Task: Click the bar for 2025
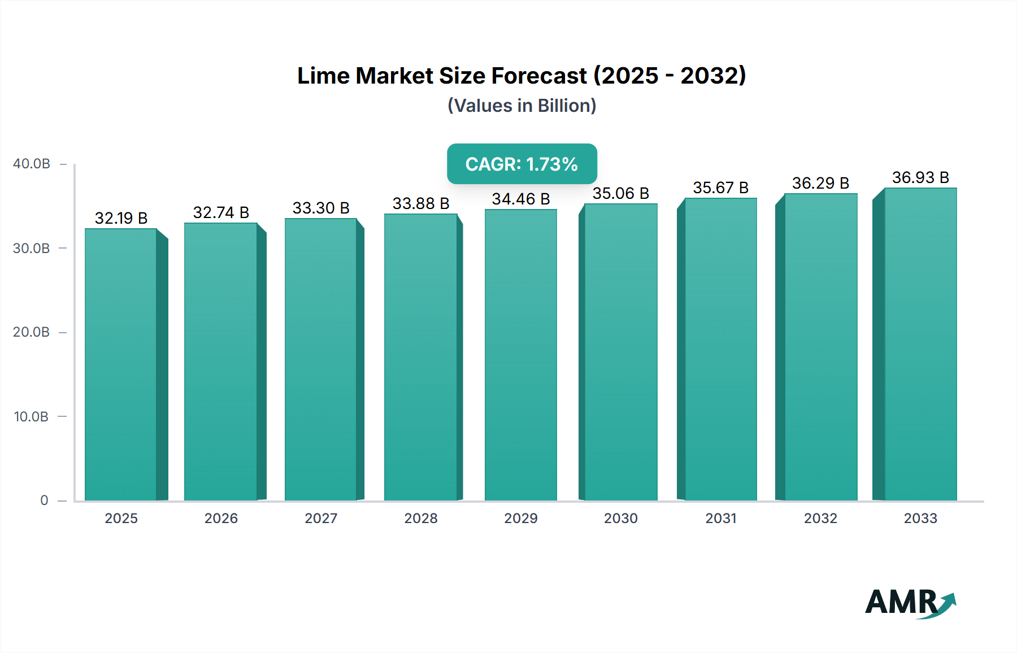pyautogui.click(x=121, y=364)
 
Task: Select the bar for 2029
pyautogui.click(x=520, y=355)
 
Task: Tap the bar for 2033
pyautogui.click(x=920, y=344)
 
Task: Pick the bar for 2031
pyautogui.click(x=720, y=349)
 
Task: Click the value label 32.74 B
pyautogui.click(x=221, y=212)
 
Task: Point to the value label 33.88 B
pyautogui.click(x=421, y=203)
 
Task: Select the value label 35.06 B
pyautogui.click(x=620, y=193)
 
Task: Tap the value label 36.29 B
pyautogui.click(x=820, y=183)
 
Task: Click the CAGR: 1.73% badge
pyautogui.click(x=521, y=164)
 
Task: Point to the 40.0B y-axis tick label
pyautogui.click(x=32, y=164)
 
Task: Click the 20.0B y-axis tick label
pyautogui.click(x=32, y=332)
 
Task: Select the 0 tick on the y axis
pyautogui.click(x=44, y=500)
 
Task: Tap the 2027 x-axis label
pyautogui.click(x=321, y=518)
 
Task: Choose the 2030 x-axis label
pyautogui.click(x=620, y=518)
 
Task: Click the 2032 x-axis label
pyautogui.click(x=820, y=518)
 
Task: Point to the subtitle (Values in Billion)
pyautogui.click(x=521, y=106)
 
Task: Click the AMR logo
pyautogui.click(x=910, y=603)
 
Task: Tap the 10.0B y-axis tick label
pyautogui.click(x=32, y=417)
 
